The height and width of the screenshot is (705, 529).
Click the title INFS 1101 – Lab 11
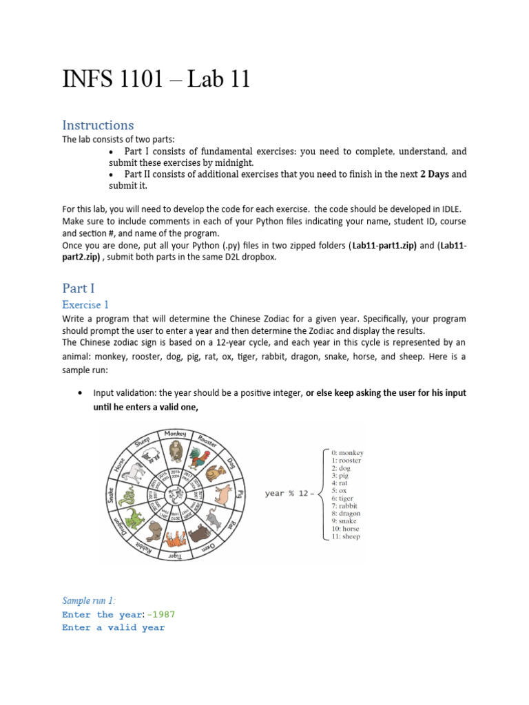point(156,80)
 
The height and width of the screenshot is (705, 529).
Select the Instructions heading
point(98,125)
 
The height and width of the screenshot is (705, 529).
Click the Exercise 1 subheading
point(85,304)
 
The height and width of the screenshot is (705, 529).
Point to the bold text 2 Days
point(434,174)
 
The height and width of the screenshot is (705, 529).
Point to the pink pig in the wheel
point(225,493)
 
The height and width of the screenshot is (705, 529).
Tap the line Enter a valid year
point(113,628)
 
